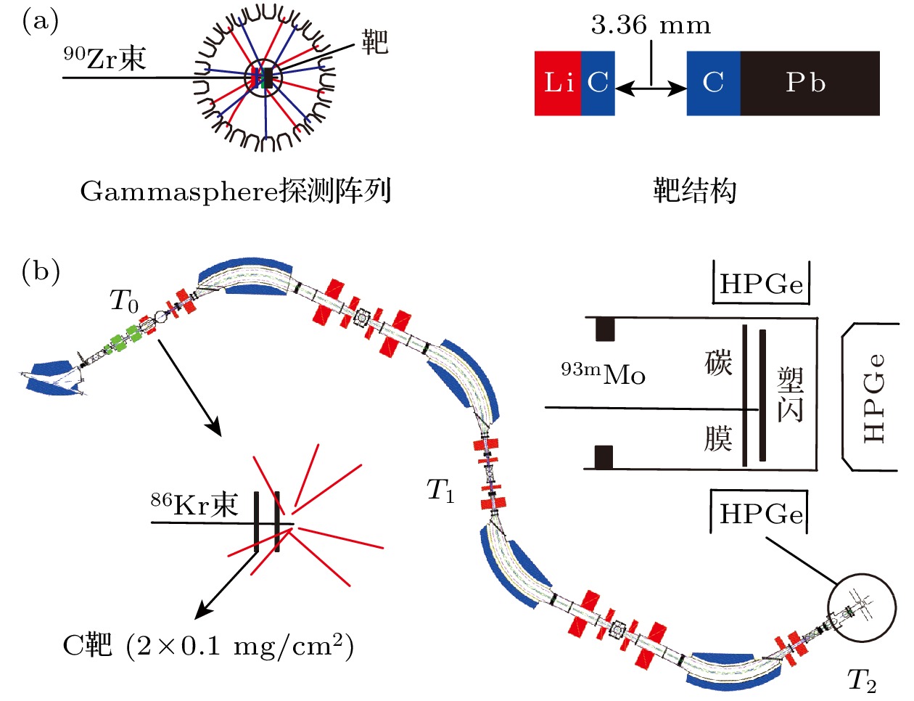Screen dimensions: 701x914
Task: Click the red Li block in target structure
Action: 557,83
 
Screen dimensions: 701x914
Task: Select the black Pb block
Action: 810,83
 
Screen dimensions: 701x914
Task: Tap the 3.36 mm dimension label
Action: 651,25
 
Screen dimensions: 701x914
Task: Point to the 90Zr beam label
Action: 105,58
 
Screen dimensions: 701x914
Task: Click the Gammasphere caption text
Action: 236,192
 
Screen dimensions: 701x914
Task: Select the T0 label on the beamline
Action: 124,300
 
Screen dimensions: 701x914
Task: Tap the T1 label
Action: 440,491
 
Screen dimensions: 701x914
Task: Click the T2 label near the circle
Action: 862,680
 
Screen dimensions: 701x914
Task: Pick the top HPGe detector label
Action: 761,284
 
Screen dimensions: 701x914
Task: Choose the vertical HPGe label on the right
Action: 875,398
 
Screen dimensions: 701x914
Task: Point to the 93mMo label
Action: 603,374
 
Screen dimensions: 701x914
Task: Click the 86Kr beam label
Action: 194,504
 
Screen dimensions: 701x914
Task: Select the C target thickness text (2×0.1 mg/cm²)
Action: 239,644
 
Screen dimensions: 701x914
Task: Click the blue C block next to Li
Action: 598,83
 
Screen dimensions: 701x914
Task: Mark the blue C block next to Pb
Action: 713,83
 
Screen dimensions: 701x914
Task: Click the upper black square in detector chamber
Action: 605,329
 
